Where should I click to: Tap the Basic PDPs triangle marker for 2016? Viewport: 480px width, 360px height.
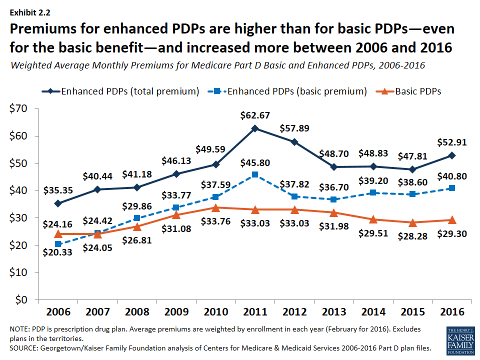(x=451, y=219)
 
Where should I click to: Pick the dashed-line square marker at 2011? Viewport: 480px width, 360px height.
(x=255, y=174)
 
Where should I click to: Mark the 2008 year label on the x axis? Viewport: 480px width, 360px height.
(x=136, y=311)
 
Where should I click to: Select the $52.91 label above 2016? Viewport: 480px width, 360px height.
(x=451, y=142)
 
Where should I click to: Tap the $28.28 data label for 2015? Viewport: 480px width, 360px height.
(x=412, y=236)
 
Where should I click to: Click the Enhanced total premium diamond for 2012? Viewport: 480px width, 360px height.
(x=294, y=142)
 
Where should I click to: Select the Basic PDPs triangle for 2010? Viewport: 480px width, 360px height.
(x=215, y=207)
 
